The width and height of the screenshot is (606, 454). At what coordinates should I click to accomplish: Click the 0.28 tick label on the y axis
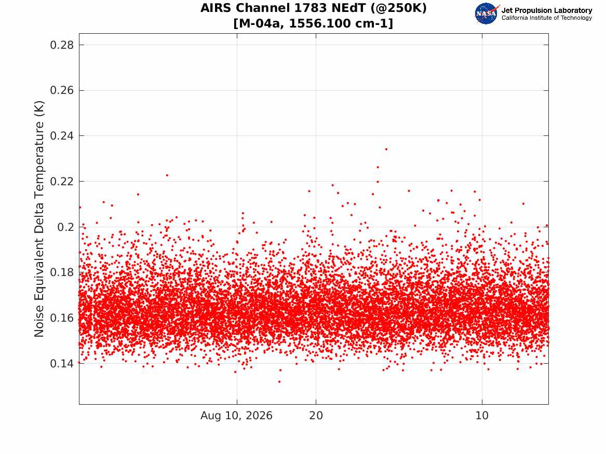pyautogui.click(x=62, y=45)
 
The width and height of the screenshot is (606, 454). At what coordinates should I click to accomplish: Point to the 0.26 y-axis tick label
pyautogui.click(x=62, y=90)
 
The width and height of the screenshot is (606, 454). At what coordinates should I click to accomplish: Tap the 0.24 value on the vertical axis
pyautogui.click(x=62, y=136)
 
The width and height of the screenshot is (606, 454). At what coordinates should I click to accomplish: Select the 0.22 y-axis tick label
pyautogui.click(x=62, y=182)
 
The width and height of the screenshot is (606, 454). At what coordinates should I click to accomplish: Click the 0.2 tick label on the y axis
pyautogui.click(x=66, y=227)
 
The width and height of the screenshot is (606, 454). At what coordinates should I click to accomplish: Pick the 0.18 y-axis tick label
pyautogui.click(x=62, y=272)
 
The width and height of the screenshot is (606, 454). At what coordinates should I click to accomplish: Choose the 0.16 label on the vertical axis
pyautogui.click(x=62, y=318)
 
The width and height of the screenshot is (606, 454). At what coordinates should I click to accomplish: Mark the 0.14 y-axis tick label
pyautogui.click(x=62, y=364)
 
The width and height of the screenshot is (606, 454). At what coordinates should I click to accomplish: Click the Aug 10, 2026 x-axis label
pyautogui.click(x=236, y=416)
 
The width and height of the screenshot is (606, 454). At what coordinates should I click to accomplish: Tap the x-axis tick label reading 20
pyautogui.click(x=316, y=416)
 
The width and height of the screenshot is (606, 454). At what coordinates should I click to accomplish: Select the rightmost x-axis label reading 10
pyautogui.click(x=482, y=416)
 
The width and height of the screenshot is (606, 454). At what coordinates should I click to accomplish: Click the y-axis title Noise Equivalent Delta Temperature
pyautogui.click(x=39, y=219)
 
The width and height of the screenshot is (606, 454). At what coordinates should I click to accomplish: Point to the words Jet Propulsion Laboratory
pyautogui.click(x=546, y=10)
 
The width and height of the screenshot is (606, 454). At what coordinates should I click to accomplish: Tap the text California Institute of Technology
pyautogui.click(x=546, y=18)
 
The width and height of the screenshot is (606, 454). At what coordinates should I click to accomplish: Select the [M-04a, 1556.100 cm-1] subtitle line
pyautogui.click(x=314, y=23)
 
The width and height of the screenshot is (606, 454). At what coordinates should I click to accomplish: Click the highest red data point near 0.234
pyautogui.click(x=386, y=149)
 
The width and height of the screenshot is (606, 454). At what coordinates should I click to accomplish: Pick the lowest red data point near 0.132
pyautogui.click(x=279, y=382)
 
